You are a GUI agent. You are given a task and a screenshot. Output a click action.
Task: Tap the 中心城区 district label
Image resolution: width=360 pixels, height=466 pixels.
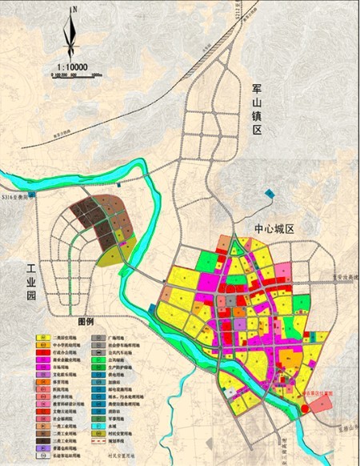click(274, 229)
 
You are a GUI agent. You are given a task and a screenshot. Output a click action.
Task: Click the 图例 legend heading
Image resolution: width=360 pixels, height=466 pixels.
click(86, 319)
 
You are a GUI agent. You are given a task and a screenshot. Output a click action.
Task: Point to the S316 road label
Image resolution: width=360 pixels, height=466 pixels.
click(14, 195)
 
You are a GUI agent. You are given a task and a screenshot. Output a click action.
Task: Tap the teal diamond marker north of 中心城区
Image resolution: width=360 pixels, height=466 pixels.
click(268, 192)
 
